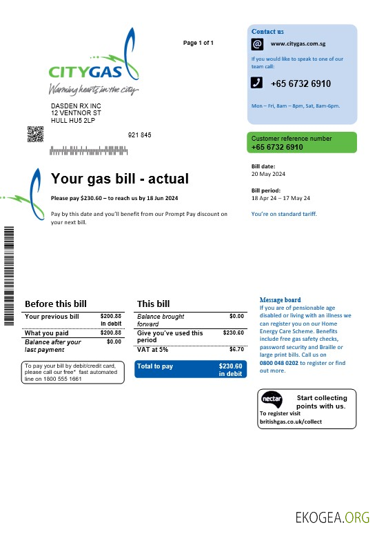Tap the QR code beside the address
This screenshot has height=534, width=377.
(35, 135)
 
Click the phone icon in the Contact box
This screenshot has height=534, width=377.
(256, 83)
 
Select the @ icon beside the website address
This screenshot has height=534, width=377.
(257, 44)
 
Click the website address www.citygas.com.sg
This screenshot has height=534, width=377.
(298, 44)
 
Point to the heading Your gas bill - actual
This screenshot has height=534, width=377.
(119, 179)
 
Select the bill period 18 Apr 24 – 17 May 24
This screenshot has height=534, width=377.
(281, 197)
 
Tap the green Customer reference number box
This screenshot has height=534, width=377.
(302, 143)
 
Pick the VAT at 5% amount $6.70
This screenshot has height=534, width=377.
(236, 349)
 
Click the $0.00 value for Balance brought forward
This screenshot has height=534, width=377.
(236, 316)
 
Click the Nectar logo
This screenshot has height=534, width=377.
(271, 400)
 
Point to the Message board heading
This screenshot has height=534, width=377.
(280, 300)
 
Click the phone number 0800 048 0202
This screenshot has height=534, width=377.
(278, 362)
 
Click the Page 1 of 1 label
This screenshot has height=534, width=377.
(198, 43)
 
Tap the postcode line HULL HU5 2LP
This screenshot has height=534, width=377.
(73, 121)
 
